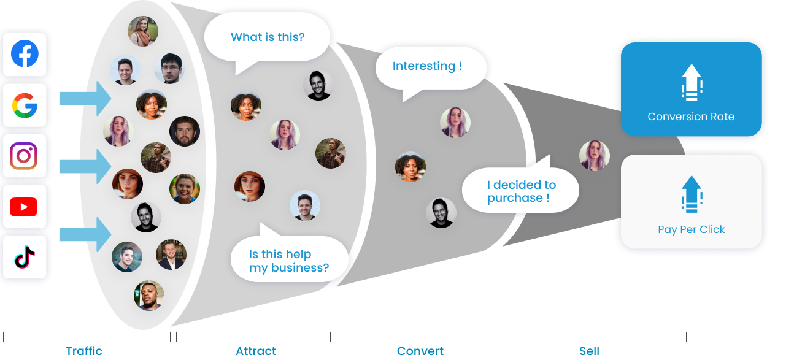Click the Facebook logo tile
pyautogui.click(x=25, y=55)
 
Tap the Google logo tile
pyautogui.click(x=25, y=105)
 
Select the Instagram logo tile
pyautogui.click(x=25, y=156)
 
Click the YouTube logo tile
pyautogui.click(x=25, y=207)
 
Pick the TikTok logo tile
pyautogui.click(x=25, y=258)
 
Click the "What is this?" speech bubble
pyautogui.click(x=268, y=37)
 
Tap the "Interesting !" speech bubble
pyautogui.click(x=427, y=66)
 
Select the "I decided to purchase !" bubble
pyautogui.click(x=521, y=191)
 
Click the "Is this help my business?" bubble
pyautogui.click(x=288, y=261)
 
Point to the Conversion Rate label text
pyautogui.click(x=691, y=117)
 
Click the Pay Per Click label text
pyautogui.click(x=691, y=229)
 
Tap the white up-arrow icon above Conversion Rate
pyautogui.click(x=691, y=82)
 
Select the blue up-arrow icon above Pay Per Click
pyautogui.click(x=691, y=194)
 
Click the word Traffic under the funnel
pyautogui.click(x=84, y=351)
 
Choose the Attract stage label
pyautogui.click(x=256, y=351)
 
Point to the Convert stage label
pyautogui.click(x=420, y=351)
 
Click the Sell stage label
pyautogui.click(x=589, y=351)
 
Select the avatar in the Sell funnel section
pyautogui.click(x=594, y=156)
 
